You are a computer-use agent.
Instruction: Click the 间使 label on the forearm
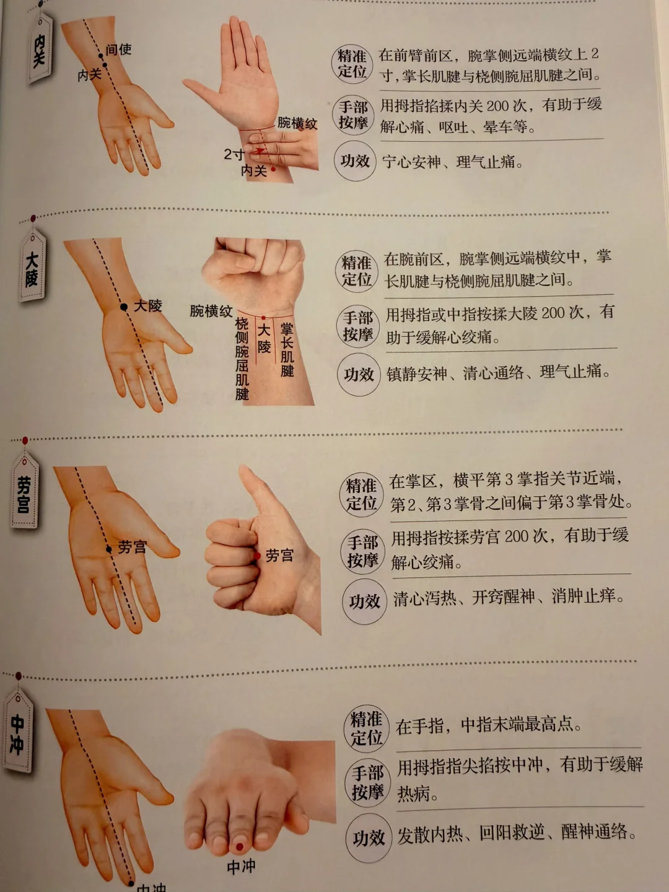(118, 50)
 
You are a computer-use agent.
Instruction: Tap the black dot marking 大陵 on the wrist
(124, 307)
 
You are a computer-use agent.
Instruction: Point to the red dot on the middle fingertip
(240, 847)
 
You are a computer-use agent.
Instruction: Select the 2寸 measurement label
(234, 154)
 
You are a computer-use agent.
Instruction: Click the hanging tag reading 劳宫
(24, 492)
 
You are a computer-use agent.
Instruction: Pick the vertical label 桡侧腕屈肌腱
(242, 359)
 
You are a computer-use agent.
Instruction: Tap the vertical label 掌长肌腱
(287, 350)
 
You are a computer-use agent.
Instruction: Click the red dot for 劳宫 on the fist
(258, 556)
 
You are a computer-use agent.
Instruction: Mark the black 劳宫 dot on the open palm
(109, 549)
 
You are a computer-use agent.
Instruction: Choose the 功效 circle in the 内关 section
(355, 161)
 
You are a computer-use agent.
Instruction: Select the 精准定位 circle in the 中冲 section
(366, 728)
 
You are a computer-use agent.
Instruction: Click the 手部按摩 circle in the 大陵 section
(358, 326)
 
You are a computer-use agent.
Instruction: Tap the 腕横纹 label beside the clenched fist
(211, 312)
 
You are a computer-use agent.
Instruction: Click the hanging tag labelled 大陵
(32, 266)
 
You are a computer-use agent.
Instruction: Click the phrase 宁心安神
(411, 162)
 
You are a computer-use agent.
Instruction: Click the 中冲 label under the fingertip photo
(242, 867)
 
